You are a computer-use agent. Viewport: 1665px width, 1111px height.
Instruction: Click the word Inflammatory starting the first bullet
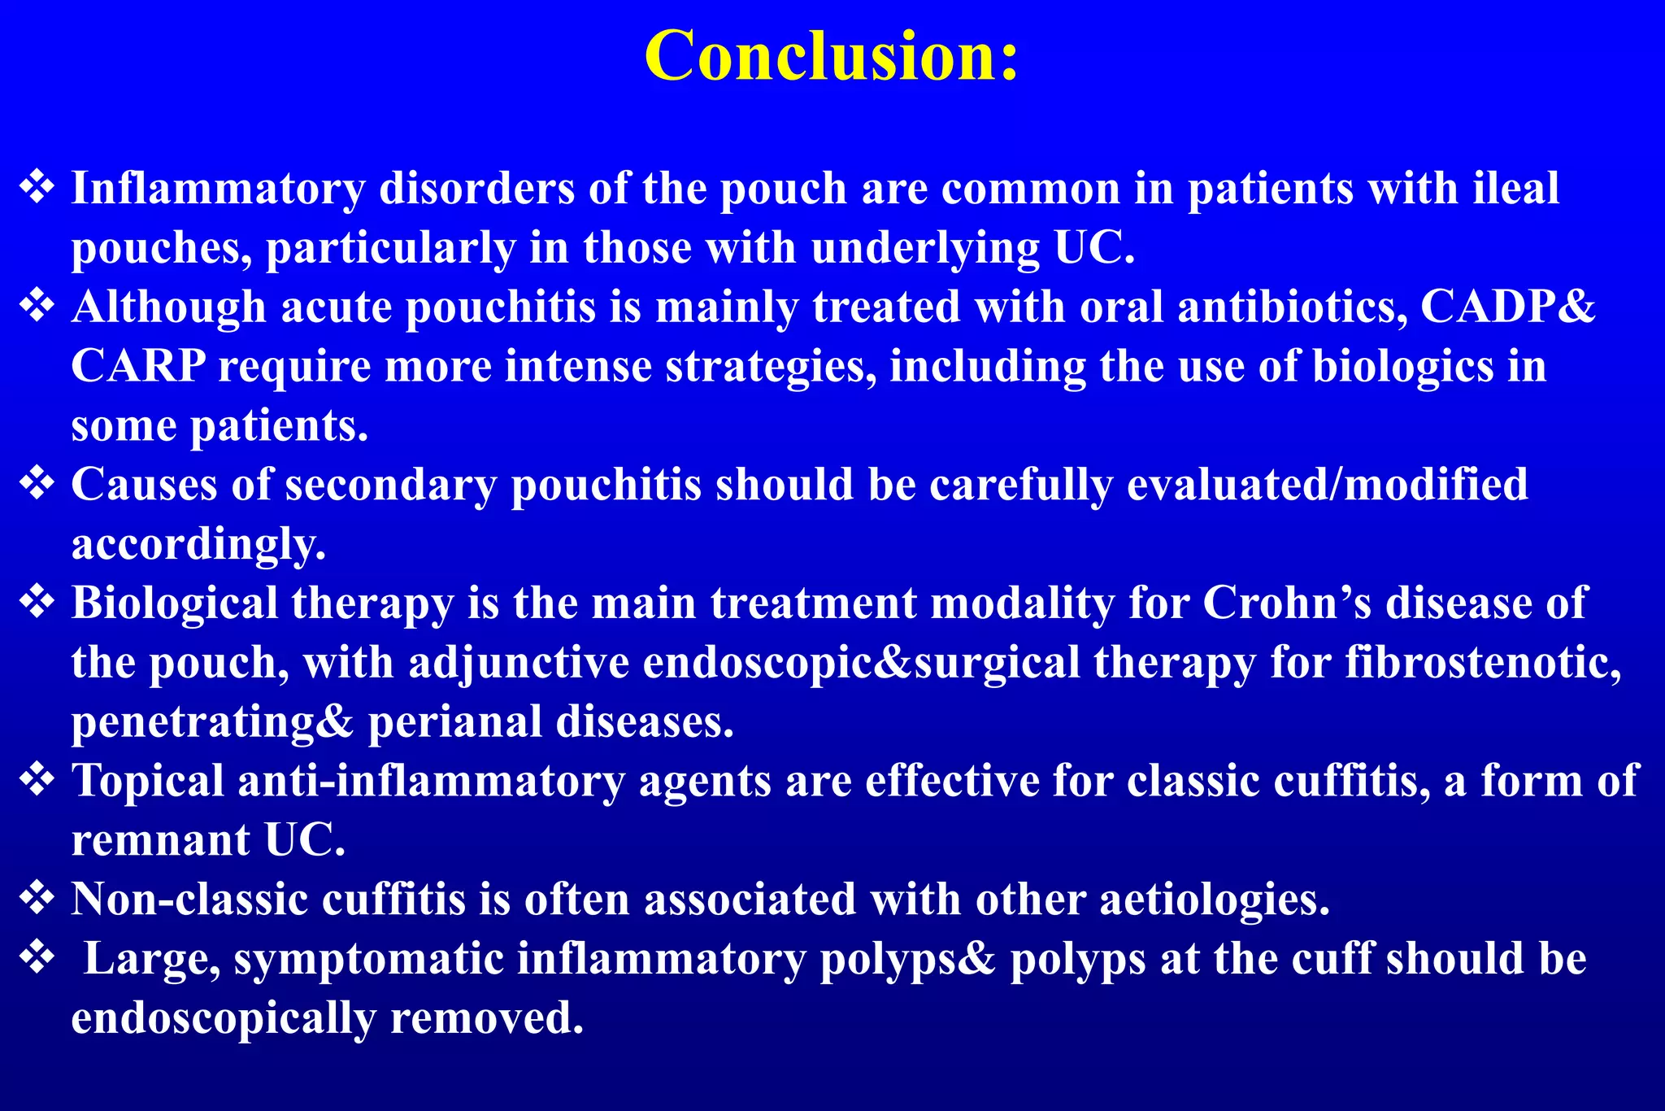click(x=218, y=189)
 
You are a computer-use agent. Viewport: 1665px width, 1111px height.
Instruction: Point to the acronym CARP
click(x=137, y=366)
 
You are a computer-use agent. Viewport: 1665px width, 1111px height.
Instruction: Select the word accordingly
click(x=198, y=543)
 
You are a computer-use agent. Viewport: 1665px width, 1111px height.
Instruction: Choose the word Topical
click(x=147, y=781)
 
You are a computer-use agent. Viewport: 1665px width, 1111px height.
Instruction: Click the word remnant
click(x=160, y=840)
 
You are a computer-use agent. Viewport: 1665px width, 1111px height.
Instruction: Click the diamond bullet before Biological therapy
click(x=37, y=603)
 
